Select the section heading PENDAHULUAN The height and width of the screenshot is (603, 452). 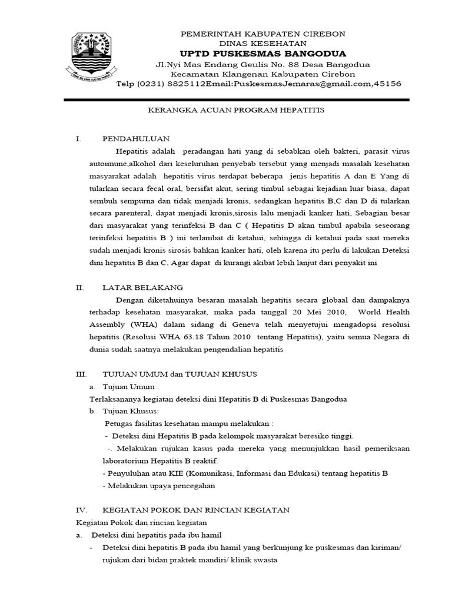(x=136, y=139)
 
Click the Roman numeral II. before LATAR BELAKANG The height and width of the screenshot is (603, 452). (x=81, y=287)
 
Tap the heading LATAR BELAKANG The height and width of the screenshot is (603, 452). (x=143, y=287)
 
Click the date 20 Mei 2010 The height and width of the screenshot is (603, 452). (x=315, y=312)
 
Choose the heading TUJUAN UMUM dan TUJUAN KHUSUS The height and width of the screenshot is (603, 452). (x=180, y=375)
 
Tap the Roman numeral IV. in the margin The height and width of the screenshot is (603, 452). (x=82, y=510)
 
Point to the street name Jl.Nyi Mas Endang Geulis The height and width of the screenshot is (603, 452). (x=204, y=64)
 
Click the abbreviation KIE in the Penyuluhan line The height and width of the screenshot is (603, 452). (x=192, y=473)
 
